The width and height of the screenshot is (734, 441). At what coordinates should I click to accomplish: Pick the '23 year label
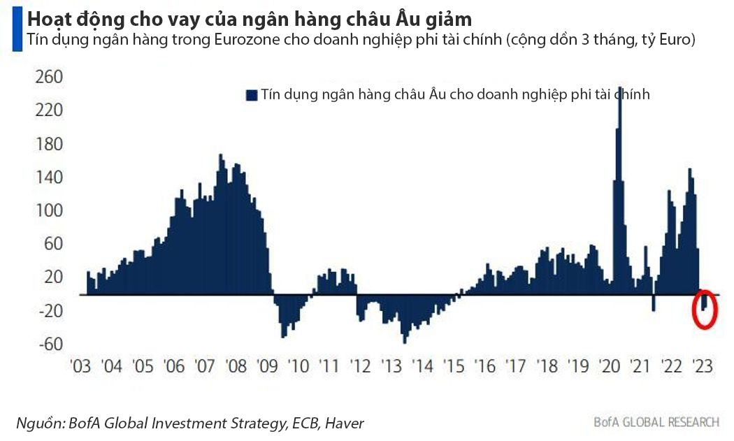coord(701,366)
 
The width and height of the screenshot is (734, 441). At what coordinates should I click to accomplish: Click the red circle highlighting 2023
coord(705,309)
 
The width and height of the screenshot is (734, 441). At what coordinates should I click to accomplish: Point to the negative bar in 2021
coord(654,303)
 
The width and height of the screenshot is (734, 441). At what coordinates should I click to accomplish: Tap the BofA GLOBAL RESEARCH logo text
coord(656,421)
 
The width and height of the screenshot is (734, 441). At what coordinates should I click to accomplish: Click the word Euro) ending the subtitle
coord(676,40)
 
